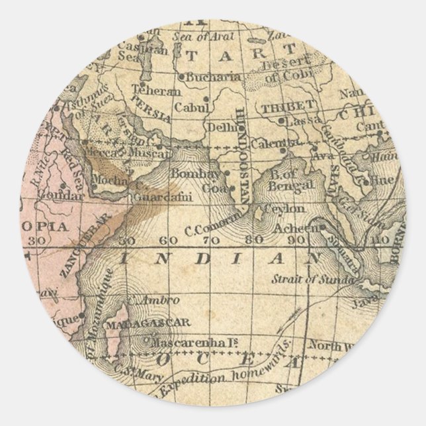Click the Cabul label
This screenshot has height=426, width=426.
[189, 106]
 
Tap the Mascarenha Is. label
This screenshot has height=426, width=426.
[181, 343]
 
